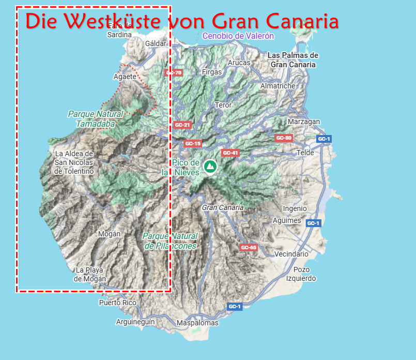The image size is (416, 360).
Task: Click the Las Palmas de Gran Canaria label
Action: [293, 60]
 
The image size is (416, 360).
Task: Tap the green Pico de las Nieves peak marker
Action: [210, 167]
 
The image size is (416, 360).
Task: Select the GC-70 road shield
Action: [174, 73]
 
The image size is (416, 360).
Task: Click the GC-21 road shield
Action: [182, 125]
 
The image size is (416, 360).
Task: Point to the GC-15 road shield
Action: [192, 143]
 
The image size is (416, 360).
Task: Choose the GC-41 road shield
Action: [230, 153]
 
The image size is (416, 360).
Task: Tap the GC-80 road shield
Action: [284, 138]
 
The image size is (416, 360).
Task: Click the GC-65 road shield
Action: [249, 248]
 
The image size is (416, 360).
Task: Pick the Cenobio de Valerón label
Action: [238, 36]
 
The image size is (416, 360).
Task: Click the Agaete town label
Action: [125, 77]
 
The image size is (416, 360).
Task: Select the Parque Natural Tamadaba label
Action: [96, 119]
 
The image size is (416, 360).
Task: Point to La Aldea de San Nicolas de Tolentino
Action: [74, 162]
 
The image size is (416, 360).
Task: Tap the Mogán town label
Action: [109, 234]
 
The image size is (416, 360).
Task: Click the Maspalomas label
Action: [197, 323]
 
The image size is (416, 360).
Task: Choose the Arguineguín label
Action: [135, 322]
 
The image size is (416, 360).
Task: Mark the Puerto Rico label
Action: [117, 303]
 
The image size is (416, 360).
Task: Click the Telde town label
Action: [305, 153]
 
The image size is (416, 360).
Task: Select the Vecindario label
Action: [291, 254]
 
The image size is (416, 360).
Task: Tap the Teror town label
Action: [223, 105]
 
